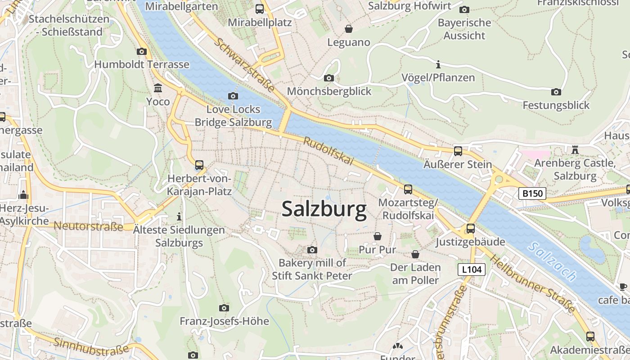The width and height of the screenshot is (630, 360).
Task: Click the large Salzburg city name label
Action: point(324,210)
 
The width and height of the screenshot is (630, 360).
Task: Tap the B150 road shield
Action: point(532,193)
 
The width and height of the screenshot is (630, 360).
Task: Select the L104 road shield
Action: point(472,270)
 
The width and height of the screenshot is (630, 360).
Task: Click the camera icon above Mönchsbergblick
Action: point(329,78)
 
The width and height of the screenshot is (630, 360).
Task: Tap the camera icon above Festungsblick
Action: point(556,92)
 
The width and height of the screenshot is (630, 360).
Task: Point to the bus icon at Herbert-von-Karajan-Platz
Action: point(199,165)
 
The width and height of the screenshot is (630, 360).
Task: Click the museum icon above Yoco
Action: point(158,88)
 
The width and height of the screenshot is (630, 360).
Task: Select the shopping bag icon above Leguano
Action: point(348,29)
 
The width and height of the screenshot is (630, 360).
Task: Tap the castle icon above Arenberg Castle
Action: point(575,149)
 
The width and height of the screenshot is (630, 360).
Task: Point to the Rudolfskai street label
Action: point(328,151)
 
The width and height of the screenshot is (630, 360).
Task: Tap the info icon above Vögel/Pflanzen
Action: point(438,64)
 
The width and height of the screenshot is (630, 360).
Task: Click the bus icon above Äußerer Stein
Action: point(458,151)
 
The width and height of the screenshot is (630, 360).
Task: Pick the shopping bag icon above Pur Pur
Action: point(378,236)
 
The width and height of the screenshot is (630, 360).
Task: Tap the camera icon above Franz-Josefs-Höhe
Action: point(224,308)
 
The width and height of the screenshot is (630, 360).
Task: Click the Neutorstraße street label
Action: point(88,226)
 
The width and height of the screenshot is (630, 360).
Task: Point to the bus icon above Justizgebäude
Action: point(470,228)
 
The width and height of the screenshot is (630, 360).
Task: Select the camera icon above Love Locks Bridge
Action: point(233,96)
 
